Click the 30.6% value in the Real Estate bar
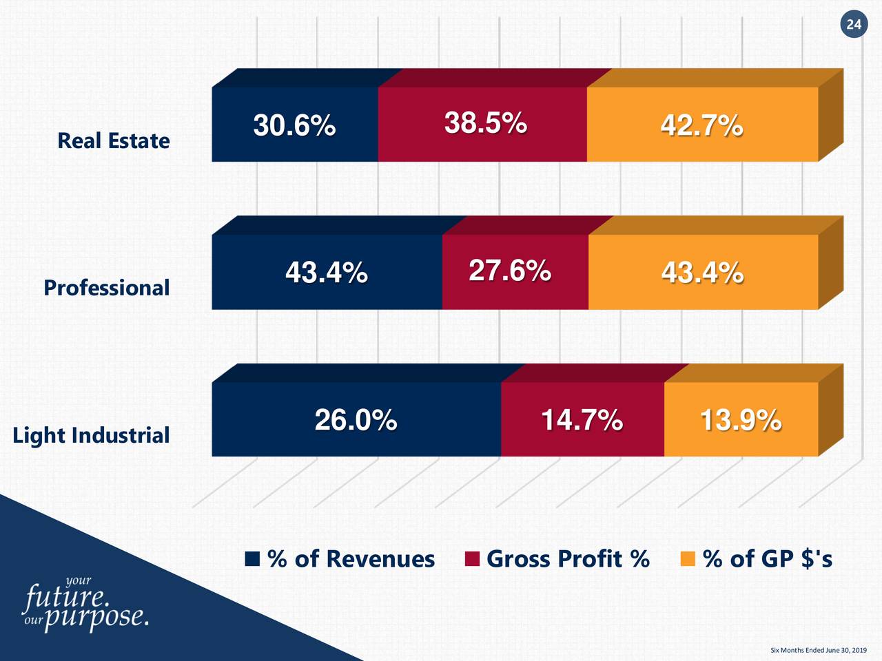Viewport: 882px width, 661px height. (294, 126)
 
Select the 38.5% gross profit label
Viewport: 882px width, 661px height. (485, 123)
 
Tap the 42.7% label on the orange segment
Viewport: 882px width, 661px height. (701, 126)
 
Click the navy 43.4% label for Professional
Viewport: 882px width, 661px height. (326, 273)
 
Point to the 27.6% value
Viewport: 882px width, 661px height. (509, 271)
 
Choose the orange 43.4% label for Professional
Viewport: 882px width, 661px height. (702, 273)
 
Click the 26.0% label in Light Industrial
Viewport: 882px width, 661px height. (356, 419)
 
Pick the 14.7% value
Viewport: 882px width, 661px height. (582, 419)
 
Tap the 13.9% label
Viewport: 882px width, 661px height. (740, 419)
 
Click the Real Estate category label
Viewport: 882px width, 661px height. (114, 140)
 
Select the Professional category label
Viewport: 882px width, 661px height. (106, 287)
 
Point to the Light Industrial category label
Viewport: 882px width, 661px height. (91, 435)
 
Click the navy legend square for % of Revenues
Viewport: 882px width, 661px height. (252, 558)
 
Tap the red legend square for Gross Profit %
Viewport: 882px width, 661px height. (472, 558)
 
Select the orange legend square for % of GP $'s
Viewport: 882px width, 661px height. (688, 558)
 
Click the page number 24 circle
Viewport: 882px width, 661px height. (854, 25)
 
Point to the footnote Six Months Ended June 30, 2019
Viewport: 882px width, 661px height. (818, 650)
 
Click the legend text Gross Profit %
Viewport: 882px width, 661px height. (568, 558)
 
